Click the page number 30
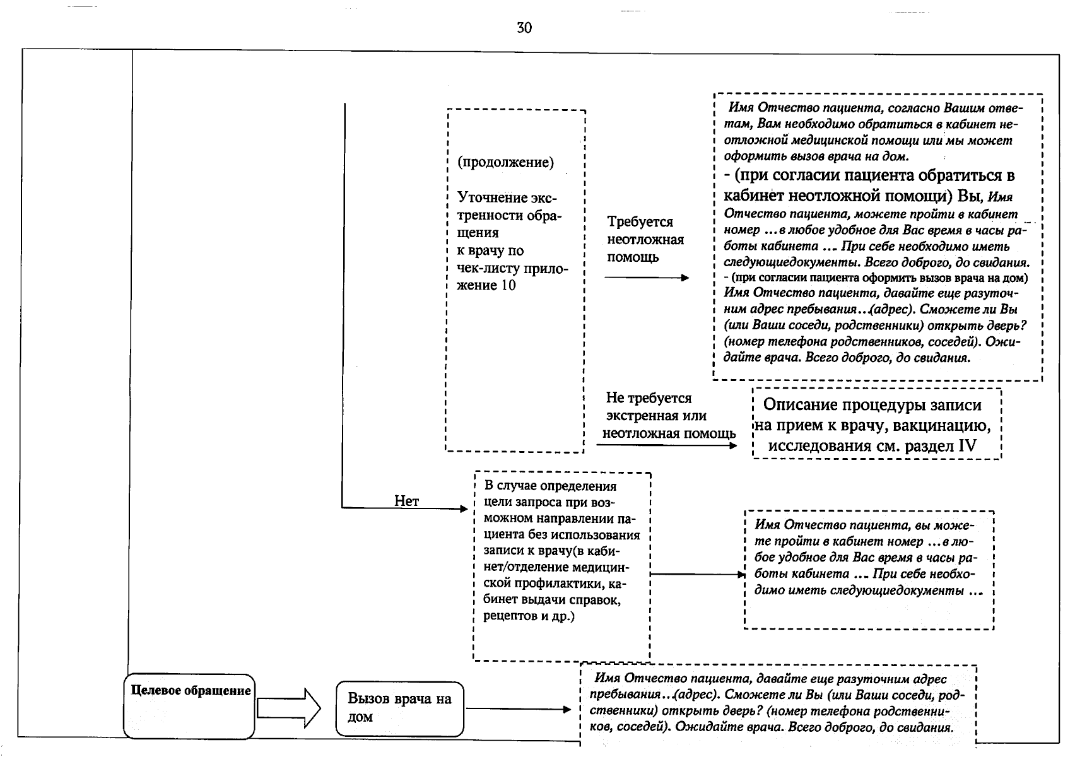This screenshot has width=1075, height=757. [x=524, y=28]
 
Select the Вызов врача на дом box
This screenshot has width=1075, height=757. [x=399, y=708]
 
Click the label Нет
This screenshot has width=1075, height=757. [x=406, y=501]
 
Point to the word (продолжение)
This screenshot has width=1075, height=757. [x=505, y=162]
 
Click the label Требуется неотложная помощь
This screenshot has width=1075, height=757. [x=645, y=240]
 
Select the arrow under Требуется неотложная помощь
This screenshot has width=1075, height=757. [x=646, y=278]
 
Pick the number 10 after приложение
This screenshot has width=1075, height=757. [x=508, y=286]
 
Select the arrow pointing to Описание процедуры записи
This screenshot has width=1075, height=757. [x=666, y=445]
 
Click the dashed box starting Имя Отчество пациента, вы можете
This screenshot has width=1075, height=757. [x=869, y=570]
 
